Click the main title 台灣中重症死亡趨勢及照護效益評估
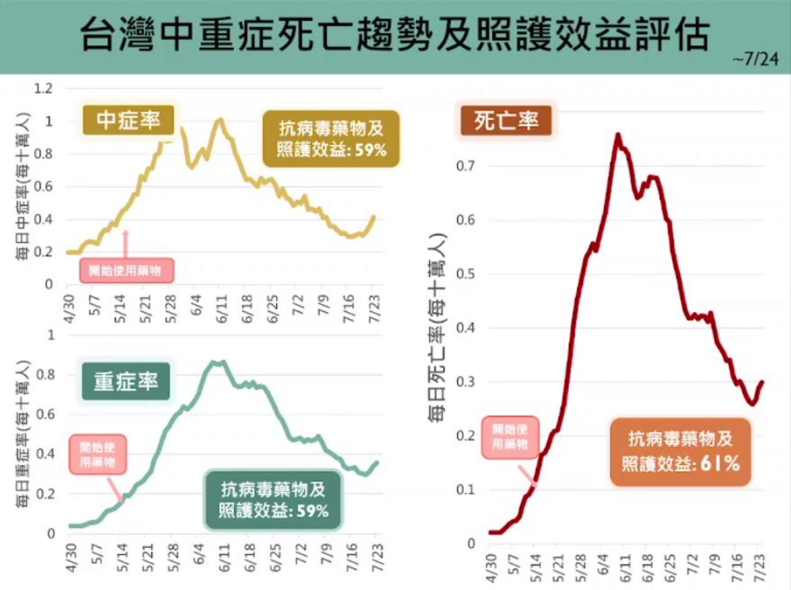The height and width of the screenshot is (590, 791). click(395, 35)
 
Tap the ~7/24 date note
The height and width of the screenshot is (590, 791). click(755, 60)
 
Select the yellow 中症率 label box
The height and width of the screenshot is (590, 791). click(129, 120)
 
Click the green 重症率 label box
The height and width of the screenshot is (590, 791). click(126, 381)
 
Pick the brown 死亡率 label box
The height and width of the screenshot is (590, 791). click(506, 121)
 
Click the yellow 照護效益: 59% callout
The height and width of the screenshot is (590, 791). click(331, 139)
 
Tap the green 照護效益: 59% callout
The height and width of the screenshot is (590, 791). click(273, 500)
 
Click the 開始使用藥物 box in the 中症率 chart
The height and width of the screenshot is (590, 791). click(126, 271)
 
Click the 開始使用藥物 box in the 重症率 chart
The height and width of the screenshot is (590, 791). click(97, 455)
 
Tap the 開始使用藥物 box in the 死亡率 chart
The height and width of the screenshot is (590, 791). click(510, 437)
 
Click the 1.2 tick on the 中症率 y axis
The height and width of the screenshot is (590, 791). click(43, 89)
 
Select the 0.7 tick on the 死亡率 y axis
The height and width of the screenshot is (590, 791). click(465, 166)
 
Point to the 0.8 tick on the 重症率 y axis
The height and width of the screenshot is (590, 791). click(45, 375)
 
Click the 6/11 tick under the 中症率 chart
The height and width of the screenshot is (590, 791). click(221, 309)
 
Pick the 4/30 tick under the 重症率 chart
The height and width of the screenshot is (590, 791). click(71, 558)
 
